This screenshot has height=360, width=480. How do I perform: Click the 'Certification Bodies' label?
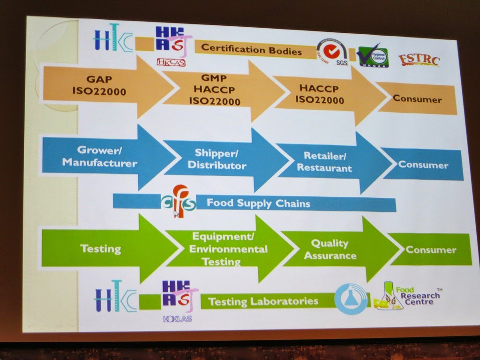pyautogui.click(x=251, y=50)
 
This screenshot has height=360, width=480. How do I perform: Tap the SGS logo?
pyautogui.click(x=332, y=52)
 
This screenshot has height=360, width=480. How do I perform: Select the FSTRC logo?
pyautogui.click(x=419, y=60)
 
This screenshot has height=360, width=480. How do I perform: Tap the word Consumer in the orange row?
pyautogui.click(x=417, y=99)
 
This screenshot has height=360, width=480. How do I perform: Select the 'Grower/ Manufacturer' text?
pyautogui.click(x=99, y=157)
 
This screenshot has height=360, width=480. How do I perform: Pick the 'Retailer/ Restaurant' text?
pyautogui.click(x=324, y=162)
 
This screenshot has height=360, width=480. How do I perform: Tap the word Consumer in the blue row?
pyautogui.click(x=423, y=165)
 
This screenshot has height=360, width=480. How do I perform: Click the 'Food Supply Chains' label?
pyautogui.click(x=258, y=203)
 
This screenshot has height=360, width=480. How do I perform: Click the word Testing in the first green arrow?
pyautogui.click(x=100, y=248)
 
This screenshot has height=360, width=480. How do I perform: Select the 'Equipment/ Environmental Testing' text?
pyautogui.click(x=228, y=248)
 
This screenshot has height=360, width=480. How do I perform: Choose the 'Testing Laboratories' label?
pyautogui.click(x=263, y=301)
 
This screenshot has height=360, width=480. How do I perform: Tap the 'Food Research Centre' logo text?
pyautogui.click(x=422, y=296)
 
